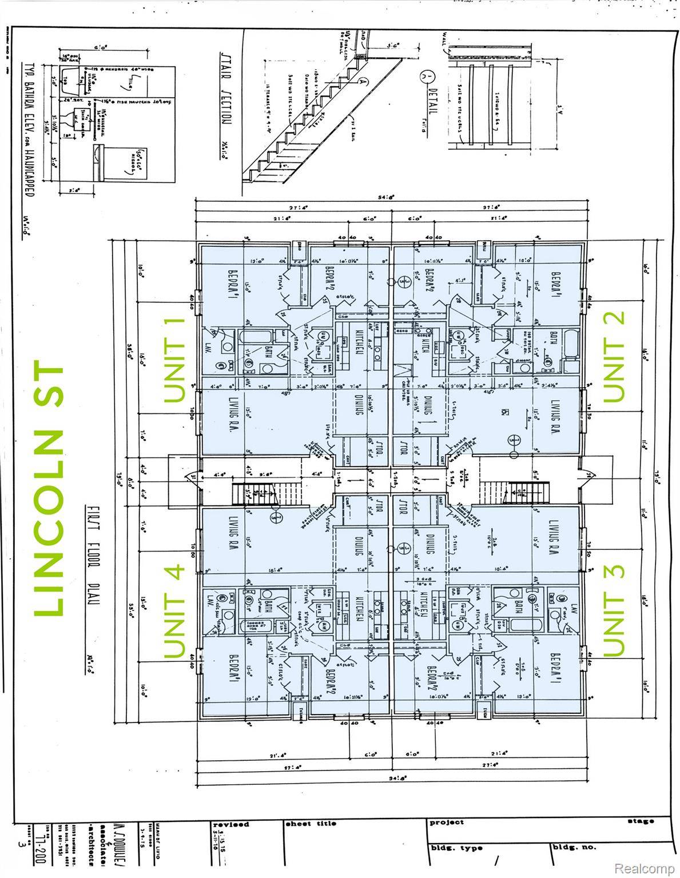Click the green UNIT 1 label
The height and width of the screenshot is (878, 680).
[x=174, y=361]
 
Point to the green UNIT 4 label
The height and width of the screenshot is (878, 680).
[x=174, y=612]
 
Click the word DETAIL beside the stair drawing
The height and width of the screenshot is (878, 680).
[x=431, y=106]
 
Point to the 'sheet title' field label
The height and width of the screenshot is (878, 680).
[x=311, y=824]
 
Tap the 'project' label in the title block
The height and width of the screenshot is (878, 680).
[x=447, y=823]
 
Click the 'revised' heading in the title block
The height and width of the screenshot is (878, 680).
[x=230, y=824]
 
